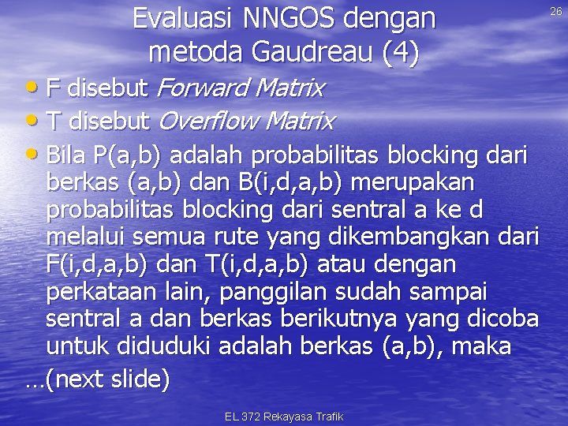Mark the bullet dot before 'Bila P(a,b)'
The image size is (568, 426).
click(x=36, y=153)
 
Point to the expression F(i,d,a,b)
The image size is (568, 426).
click(x=100, y=264)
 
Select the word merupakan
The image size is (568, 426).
click(x=411, y=183)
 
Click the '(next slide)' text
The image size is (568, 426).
click(x=107, y=379)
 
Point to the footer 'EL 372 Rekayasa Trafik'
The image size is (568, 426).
click(x=284, y=416)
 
